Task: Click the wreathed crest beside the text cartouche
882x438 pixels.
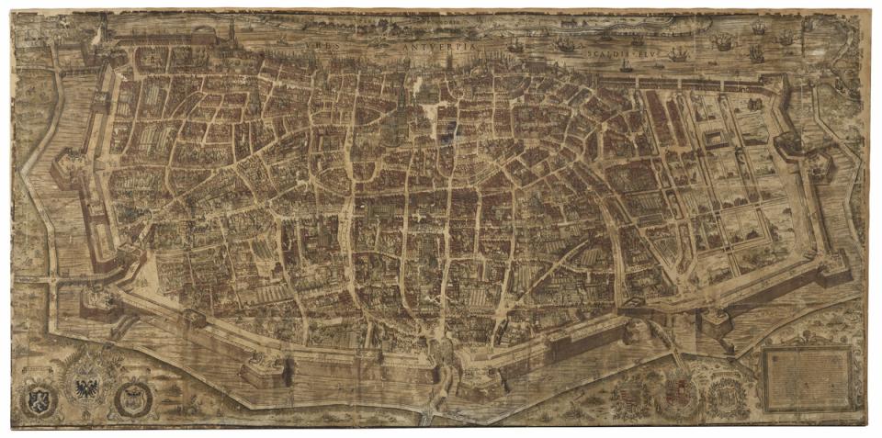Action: point(728,396)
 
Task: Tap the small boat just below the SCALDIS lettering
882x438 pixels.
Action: point(626,66)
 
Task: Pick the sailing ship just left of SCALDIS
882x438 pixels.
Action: point(567,43)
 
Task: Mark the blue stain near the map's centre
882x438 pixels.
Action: point(445,135)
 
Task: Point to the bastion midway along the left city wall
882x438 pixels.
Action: point(67,169)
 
